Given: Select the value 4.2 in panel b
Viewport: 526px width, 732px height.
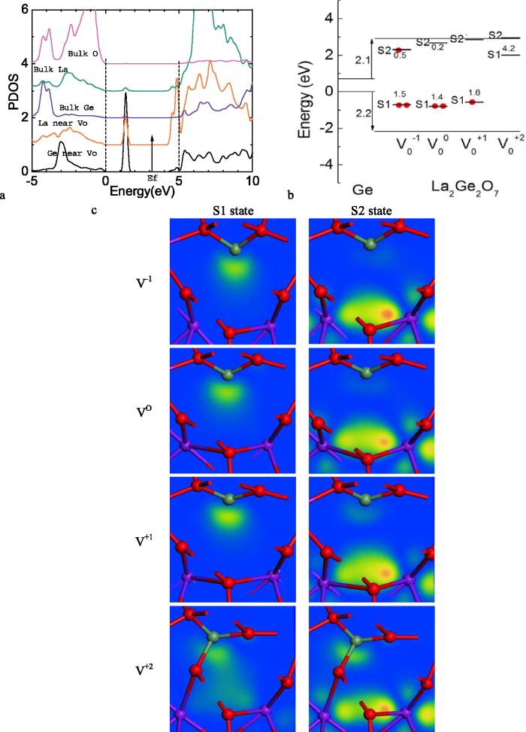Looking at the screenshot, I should point(508,48).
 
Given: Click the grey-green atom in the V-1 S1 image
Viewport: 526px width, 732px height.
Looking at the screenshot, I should point(234,247).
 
